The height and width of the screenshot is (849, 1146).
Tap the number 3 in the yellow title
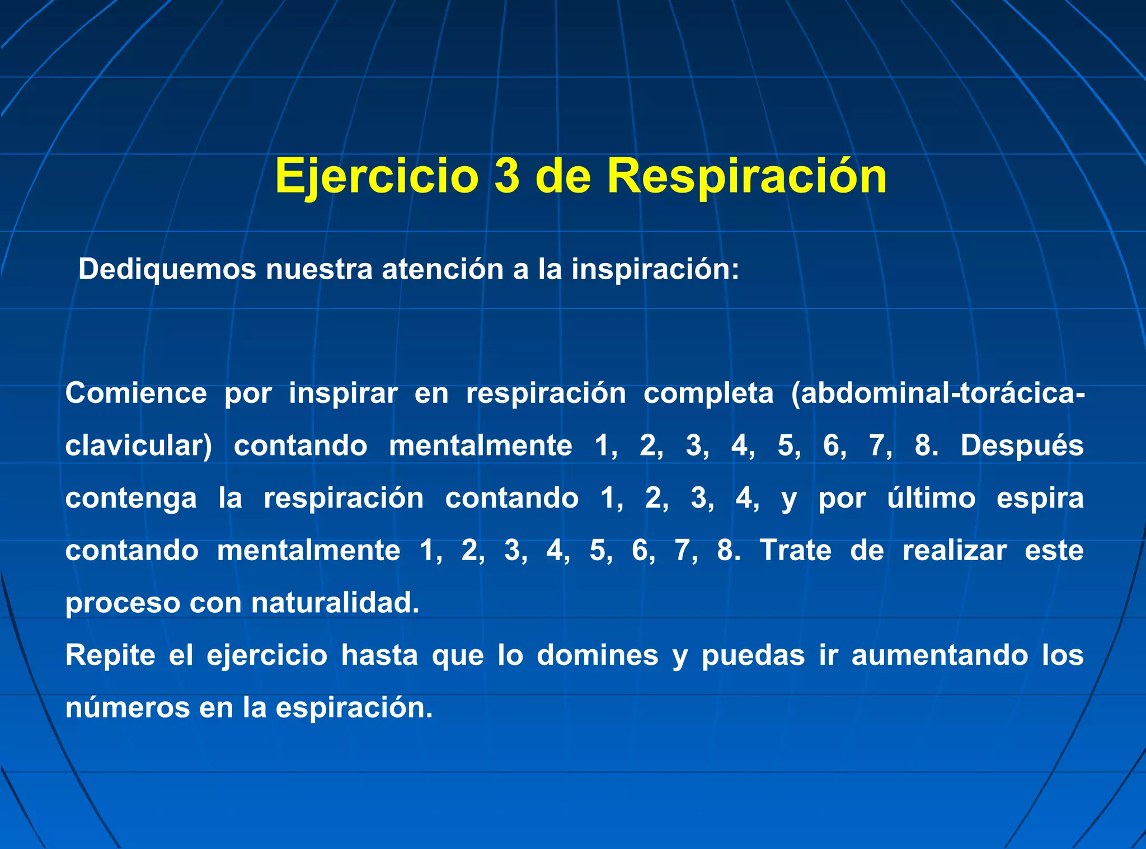507,176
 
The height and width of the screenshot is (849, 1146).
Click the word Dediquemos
167,269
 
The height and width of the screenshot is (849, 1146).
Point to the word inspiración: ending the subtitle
655,269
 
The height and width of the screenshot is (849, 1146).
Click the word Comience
136,393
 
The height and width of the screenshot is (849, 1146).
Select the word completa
708,393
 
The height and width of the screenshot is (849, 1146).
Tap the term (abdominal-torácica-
938,393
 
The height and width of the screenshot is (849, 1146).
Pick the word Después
1022,445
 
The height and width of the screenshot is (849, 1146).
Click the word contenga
131,498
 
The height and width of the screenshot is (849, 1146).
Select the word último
931,498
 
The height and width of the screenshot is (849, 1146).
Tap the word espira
1040,498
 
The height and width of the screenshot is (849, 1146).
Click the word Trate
796,550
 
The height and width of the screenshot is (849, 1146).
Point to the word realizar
955,550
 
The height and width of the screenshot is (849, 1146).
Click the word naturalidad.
335,603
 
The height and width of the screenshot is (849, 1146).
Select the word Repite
110,655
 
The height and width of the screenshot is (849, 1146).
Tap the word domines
598,655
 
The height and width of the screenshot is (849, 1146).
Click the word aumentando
940,655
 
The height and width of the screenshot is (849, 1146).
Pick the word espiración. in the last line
354,707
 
